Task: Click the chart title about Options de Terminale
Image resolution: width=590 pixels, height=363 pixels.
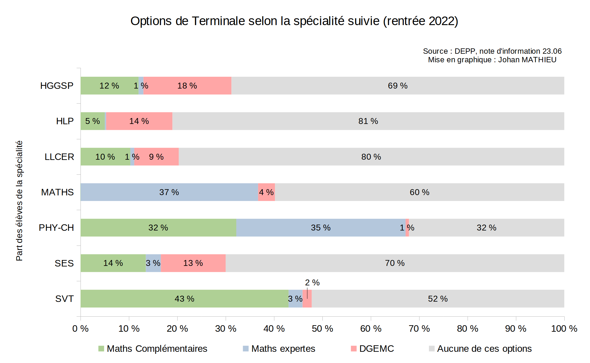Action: [x=294, y=21]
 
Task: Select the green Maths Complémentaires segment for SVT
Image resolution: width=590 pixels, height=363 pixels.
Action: [x=184, y=299]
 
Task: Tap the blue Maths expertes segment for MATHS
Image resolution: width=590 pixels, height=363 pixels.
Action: [x=169, y=192]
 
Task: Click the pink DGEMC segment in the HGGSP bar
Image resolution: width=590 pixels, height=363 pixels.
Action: [x=187, y=86]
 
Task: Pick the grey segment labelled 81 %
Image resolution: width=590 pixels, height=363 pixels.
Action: [x=368, y=121]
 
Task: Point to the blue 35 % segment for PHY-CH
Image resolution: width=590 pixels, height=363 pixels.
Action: [x=321, y=228]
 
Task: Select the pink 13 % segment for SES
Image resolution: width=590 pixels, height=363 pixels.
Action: [x=193, y=263]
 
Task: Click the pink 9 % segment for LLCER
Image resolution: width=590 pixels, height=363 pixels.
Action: [x=156, y=157]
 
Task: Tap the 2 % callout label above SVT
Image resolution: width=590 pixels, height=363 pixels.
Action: [x=312, y=282]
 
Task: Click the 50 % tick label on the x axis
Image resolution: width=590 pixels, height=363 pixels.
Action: [x=322, y=328]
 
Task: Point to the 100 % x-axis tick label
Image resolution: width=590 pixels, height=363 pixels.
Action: [x=564, y=328]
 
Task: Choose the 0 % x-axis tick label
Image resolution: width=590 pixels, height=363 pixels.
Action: [x=81, y=328]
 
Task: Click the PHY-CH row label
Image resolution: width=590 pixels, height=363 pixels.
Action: [x=56, y=228]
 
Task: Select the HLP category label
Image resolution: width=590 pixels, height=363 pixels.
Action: [x=65, y=121]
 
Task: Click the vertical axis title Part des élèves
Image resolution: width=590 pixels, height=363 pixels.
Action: [x=19, y=201]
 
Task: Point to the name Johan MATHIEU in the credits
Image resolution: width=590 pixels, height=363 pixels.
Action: [x=527, y=60]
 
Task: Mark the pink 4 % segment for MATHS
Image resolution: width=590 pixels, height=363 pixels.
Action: [x=266, y=192]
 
